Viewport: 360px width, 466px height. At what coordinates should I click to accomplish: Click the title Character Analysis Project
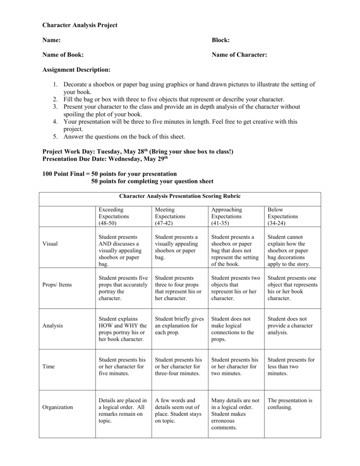pyautogui.click(x=80, y=25)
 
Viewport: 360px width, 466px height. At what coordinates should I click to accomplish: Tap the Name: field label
pyautogui.click(x=51, y=40)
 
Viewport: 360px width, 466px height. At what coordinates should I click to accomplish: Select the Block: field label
pyautogui.click(x=221, y=40)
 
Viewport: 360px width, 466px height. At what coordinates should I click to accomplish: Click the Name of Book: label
pyautogui.click(x=63, y=55)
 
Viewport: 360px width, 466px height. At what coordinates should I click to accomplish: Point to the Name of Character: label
pyautogui.click(x=239, y=55)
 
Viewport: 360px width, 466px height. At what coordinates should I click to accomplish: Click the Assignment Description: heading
pyautogui.click(x=76, y=70)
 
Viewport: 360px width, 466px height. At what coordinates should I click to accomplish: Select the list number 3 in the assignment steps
pyautogui.click(x=55, y=106)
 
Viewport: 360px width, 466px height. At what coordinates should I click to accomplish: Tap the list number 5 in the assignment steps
pyautogui.click(x=55, y=136)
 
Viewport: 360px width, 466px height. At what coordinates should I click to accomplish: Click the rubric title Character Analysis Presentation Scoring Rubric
pyautogui.click(x=180, y=196)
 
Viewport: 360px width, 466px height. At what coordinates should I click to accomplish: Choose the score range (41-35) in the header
pyautogui.click(x=220, y=223)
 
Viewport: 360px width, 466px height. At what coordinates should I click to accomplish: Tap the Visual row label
pyautogui.click(x=50, y=243)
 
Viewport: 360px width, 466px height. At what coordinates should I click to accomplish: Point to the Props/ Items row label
pyautogui.click(x=57, y=285)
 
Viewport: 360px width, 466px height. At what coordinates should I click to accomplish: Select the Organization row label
pyautogui.click(x=57, y=407)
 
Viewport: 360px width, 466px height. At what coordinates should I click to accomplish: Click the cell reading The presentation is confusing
pyautogui.click(x=290, y=404)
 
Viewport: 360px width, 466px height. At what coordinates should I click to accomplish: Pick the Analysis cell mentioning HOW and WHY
pyautogui.click(x=122, y=329)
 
